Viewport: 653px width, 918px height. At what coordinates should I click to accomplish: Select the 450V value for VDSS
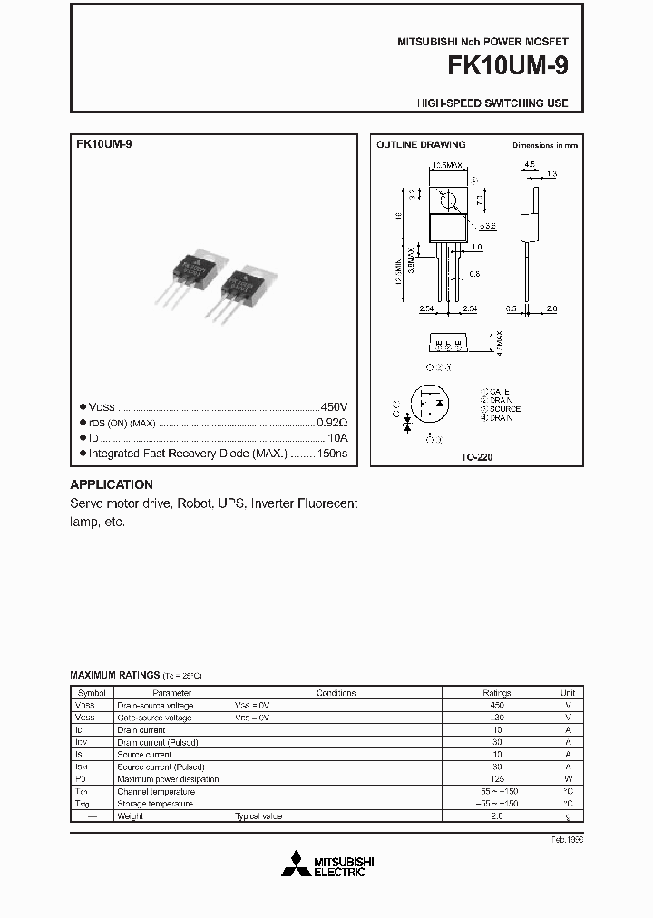[x=334, y=407]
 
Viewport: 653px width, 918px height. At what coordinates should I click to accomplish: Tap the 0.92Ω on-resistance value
[x=331, y=423]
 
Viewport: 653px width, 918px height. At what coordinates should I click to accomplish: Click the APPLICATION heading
[x=112, y=484]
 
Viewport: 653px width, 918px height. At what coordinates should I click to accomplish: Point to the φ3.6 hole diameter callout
[x=485, y=225]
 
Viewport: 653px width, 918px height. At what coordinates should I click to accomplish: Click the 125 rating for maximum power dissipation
[x=496, y=779]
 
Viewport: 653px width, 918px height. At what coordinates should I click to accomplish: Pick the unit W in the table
[x=568, y=779]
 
